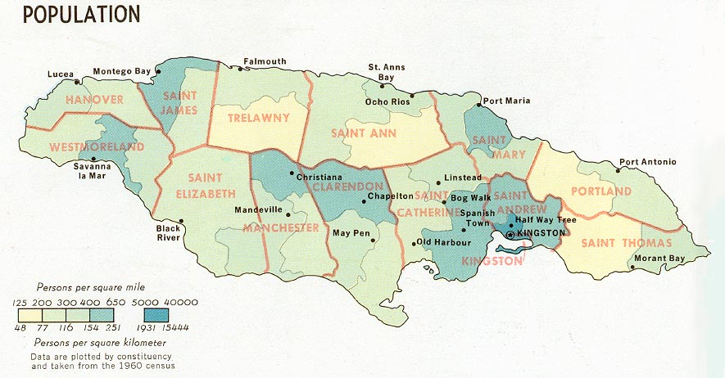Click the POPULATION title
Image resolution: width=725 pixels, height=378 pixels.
(80, 14)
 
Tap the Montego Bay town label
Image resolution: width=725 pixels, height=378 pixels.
(121, 71)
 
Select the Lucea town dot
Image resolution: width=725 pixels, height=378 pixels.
(77, 82)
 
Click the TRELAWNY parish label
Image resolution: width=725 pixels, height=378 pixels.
(258, 118)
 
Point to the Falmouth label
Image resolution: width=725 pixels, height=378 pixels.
(264, 61)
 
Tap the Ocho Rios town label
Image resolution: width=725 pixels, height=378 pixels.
(387, 101)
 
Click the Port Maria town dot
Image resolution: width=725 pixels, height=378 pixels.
(478, 105)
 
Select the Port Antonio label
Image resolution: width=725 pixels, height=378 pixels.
(647, 162)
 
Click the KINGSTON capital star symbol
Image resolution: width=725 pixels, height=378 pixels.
(510, 234)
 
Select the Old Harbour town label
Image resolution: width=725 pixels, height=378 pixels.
(442, 242)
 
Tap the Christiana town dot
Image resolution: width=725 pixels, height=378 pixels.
(292, 173)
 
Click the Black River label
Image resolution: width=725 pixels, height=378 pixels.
(170, 234)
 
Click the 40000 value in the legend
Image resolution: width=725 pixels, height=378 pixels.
(181, 304)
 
